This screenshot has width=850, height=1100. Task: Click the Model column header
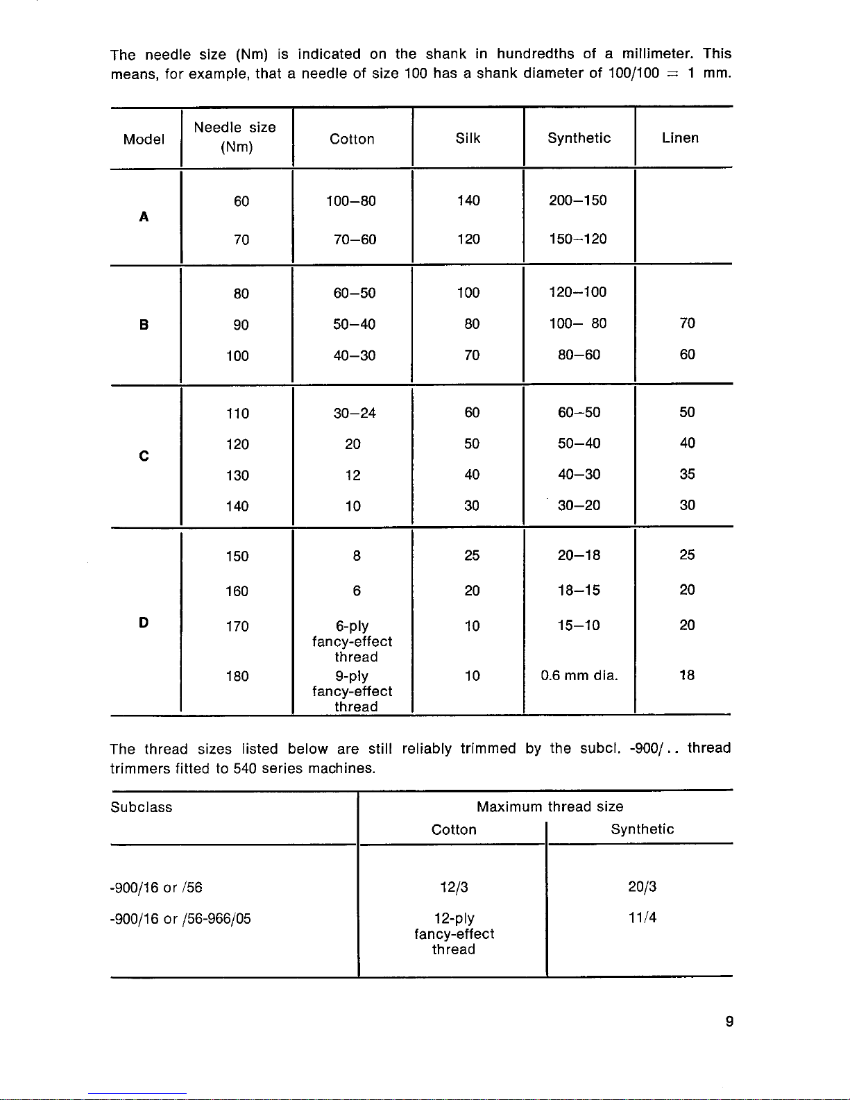(x=144, y=139)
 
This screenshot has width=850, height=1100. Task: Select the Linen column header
(x=680, y=138)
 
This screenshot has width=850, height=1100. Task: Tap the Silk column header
(x=468, y=138)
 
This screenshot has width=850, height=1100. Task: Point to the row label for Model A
(x=144, y=217)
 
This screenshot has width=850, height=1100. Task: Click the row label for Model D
(x=144, y=623)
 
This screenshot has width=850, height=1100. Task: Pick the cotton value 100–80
(x=351, y=201)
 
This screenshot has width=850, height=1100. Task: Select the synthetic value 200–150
(x=577, y=201)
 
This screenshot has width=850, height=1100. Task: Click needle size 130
(x=237, y=475)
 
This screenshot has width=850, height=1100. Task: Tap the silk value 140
(x=468, y=201)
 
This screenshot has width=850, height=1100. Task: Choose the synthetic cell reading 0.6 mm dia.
(x=579, y=675)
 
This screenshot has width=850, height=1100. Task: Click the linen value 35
(x=687, y=474)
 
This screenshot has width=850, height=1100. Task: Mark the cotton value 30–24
(x=355, y=413)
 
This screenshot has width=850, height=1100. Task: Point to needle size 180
(x=237, y=676)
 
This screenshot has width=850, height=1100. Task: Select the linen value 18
(x=687, y=675)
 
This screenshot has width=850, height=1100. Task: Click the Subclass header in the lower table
(x=142, y=807)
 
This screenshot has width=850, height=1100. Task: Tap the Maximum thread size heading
(x=550, y=806)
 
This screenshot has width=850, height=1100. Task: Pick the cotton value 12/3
(x=454, y=887)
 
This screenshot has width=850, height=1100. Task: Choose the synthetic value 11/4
(x=643, y=917)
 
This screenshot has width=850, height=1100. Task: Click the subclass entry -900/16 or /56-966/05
(x=180, y=919)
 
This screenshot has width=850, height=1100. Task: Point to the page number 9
(x=729, y=1021)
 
